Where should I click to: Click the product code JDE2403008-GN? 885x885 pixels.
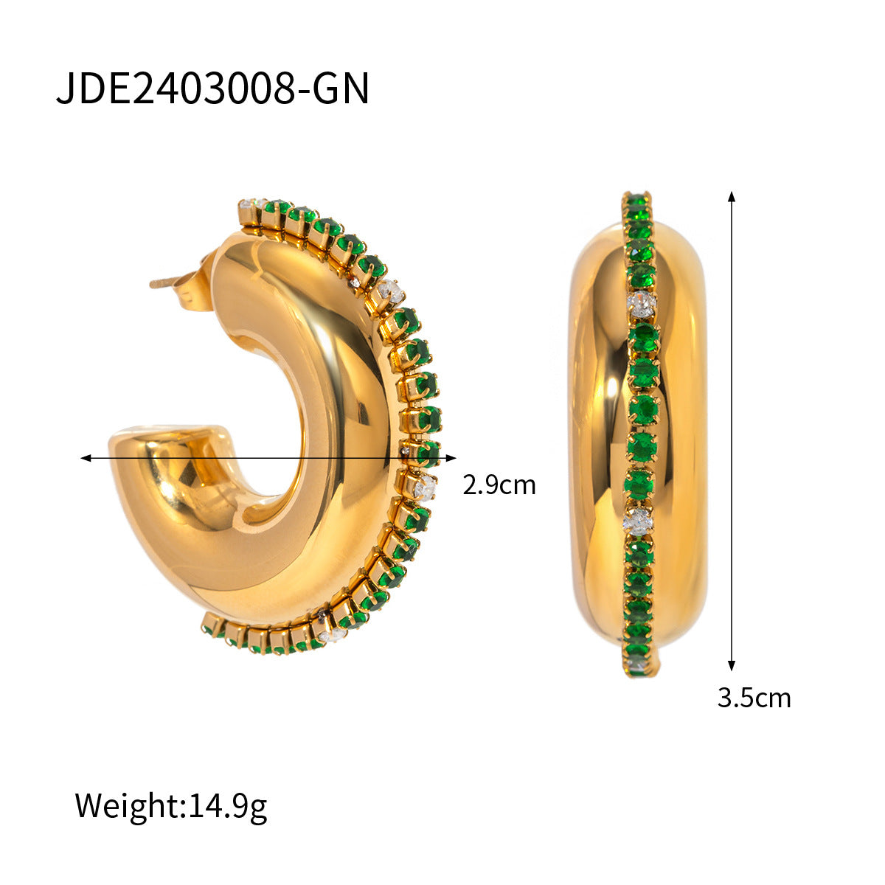(212, 88)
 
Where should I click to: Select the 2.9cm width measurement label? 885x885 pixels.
(499, 485)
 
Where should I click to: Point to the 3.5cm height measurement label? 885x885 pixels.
(754, 697)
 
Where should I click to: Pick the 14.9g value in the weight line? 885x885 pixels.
(228, 805)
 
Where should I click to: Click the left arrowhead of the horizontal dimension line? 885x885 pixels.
(86, 458)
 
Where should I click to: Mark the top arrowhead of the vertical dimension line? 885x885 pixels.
(732, 196)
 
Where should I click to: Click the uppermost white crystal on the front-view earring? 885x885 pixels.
(641, 302)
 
